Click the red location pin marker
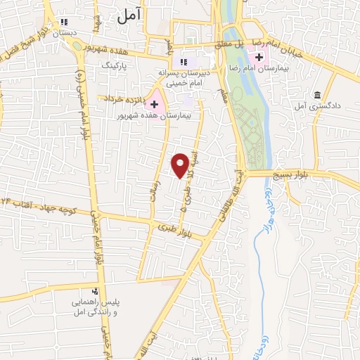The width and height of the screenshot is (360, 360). coord(181,165)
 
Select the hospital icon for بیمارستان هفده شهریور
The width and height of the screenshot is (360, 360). coord(155,103)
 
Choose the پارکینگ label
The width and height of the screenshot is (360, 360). coord(117,65)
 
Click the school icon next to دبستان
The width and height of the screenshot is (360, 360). coord(65,22)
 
